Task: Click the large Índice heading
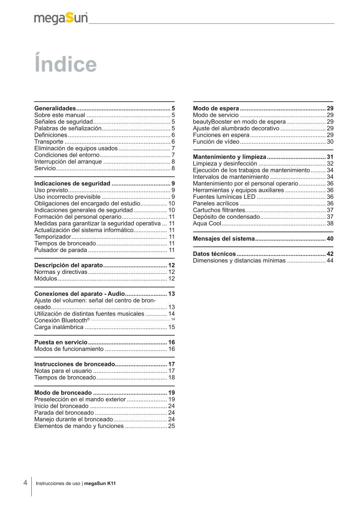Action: [65, 65]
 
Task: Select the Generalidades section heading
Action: [55, 108]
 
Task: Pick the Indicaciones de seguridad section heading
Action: [72, 183]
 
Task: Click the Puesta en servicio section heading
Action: [61, 342]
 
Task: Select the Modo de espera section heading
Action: [215, 108]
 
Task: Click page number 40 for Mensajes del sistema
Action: [330, 239]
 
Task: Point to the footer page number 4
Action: [25, 483]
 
